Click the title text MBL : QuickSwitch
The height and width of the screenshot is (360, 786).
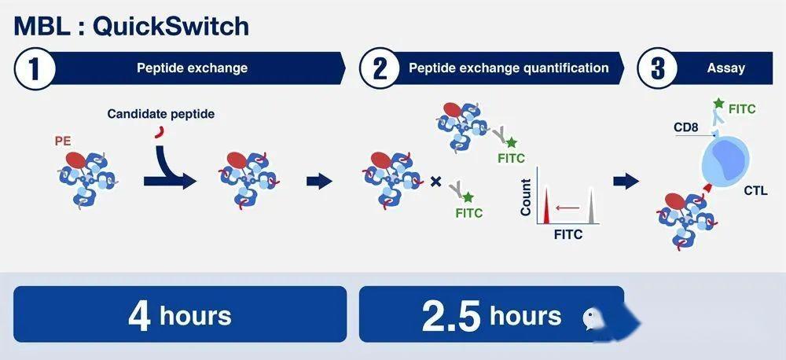[131, 27]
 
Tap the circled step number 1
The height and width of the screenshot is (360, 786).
[34, 69]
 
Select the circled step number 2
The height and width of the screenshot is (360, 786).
[380, 69]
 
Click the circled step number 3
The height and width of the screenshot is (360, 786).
[658, 69]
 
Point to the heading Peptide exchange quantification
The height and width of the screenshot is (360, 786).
[509, 68]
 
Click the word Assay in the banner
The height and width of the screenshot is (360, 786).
[725, 68]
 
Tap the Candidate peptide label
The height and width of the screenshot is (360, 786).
[161, 114]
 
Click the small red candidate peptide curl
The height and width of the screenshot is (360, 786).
[160, 132]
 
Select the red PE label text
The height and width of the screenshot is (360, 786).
[63, 142]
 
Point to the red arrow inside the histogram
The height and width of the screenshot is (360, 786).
[568, 207]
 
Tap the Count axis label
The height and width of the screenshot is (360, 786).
[526, 197]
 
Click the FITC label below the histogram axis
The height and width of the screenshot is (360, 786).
[568, 234]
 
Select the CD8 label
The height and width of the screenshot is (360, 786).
[685, 127]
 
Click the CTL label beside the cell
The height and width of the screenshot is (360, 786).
[755, 190]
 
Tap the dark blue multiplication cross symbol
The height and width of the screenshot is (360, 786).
[436, 182]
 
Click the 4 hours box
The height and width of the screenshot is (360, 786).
[180, 314]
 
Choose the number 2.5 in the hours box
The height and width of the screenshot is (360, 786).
[451, 316]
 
